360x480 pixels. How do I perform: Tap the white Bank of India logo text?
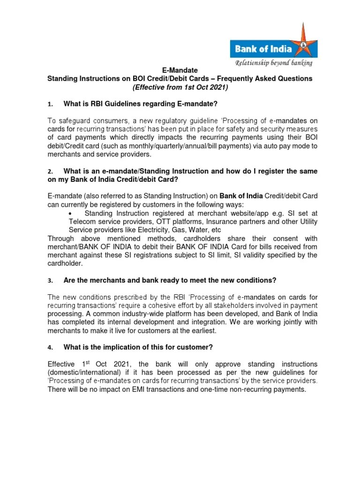[263, 49]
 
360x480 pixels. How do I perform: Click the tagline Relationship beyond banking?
[274, 63]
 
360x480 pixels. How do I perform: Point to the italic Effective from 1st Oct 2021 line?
[180, 87]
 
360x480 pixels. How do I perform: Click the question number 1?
[50, 103]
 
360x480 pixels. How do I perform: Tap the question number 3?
[50, 280]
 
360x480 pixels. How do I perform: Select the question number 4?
[50, 347]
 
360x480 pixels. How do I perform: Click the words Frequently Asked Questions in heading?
[264, 79]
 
